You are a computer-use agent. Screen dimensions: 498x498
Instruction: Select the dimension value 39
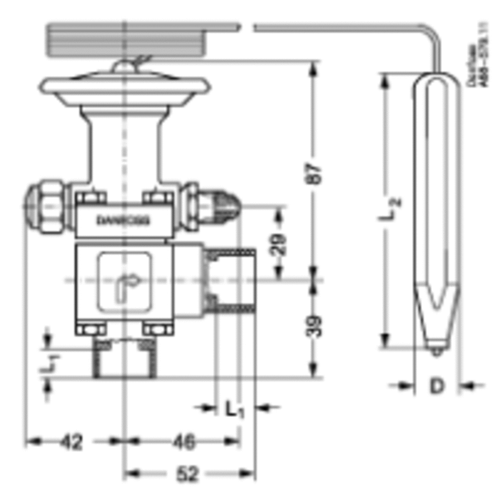coord(314,326)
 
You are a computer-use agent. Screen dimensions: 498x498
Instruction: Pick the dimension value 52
coord(187,474)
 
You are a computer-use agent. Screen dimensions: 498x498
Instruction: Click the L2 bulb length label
coord(391,209)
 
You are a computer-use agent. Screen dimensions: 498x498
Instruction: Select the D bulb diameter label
coord(437,386)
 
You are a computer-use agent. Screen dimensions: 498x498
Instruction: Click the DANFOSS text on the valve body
coord(123,220)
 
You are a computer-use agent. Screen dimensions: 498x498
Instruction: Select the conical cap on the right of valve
coord(221,205)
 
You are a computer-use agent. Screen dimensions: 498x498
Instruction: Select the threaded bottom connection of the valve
coord(125,360)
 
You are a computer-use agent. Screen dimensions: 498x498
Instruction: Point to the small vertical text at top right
coord(479,55)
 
